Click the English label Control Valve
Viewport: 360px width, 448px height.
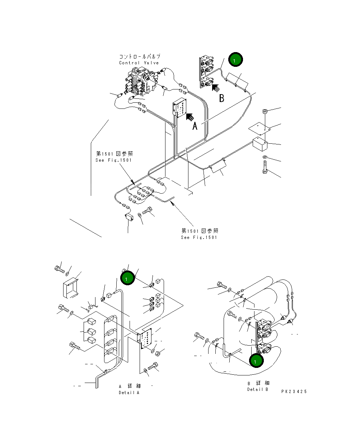tap(139, 63)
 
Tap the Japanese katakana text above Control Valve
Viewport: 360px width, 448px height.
tap(139, 57)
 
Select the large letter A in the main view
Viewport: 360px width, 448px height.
tap(195, 126)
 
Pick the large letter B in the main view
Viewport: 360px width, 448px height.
tap(221, 98)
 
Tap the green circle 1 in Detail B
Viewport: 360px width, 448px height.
tap(256, 361)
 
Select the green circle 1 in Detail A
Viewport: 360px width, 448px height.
tap(127, 278)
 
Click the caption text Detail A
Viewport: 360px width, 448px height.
tap(129, 392)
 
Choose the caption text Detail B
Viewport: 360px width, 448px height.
tap(257, 389)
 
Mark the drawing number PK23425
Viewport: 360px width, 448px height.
tap(294, 392)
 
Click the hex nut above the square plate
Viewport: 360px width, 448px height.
tap(265, 111)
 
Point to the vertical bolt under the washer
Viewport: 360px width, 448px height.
tap(265, 168)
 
